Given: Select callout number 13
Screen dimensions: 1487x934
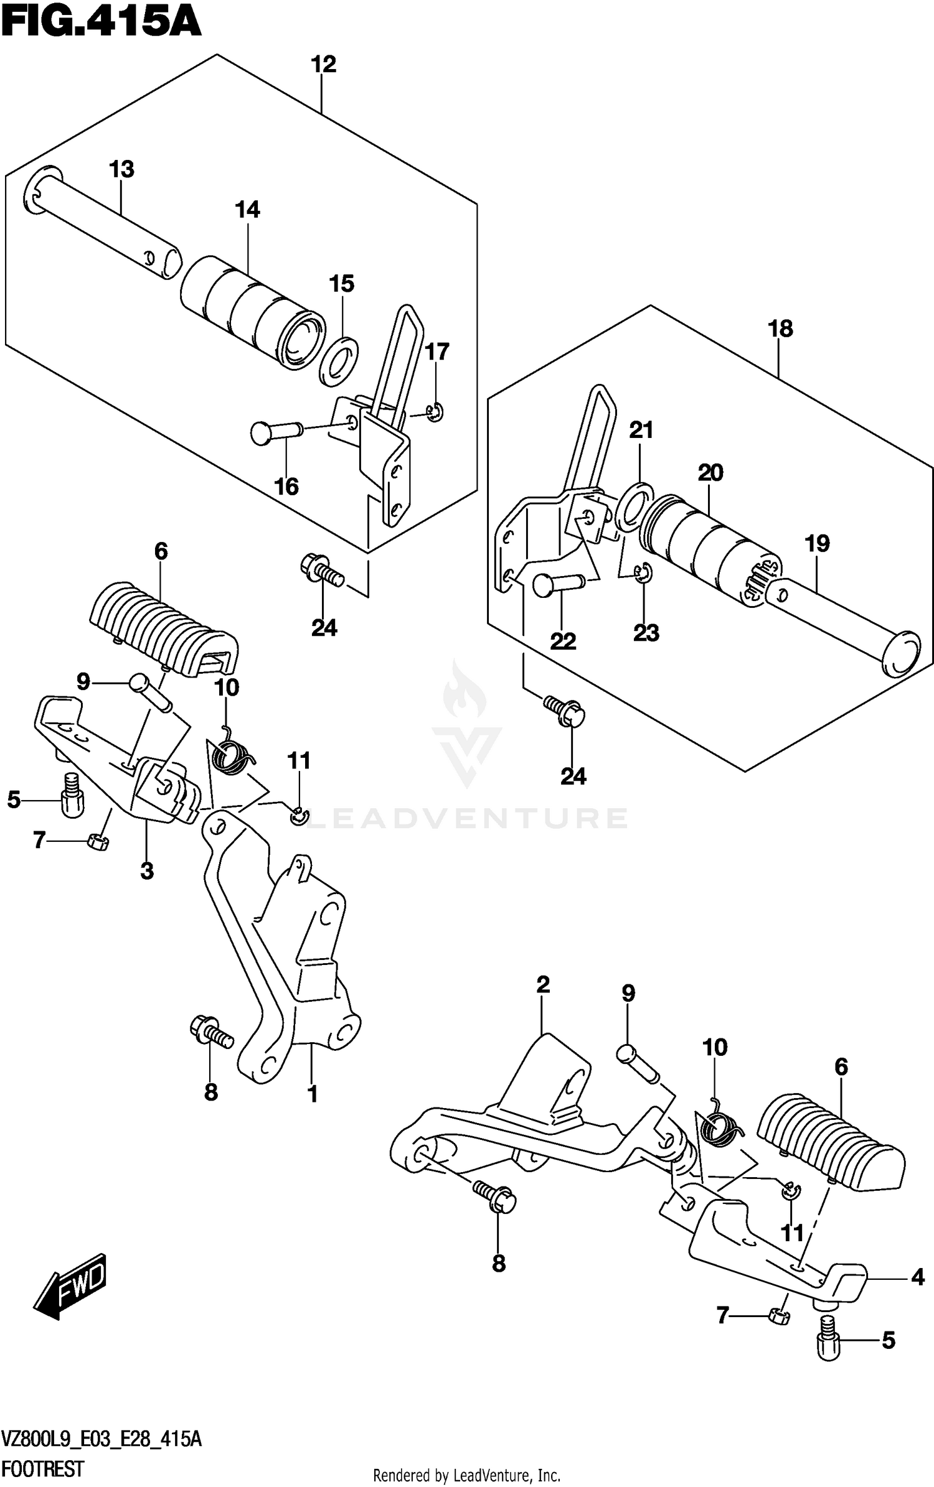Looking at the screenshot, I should tap(121, 169).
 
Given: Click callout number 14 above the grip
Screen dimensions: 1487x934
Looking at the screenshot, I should tap(247, 210).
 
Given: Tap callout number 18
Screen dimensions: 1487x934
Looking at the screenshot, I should tap(781, 328).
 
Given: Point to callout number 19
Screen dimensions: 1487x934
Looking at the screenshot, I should tap(817, 543).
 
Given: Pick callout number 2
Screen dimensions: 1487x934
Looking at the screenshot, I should tap(543, 984).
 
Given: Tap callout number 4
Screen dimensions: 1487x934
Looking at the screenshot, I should tap(917, 1278).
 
